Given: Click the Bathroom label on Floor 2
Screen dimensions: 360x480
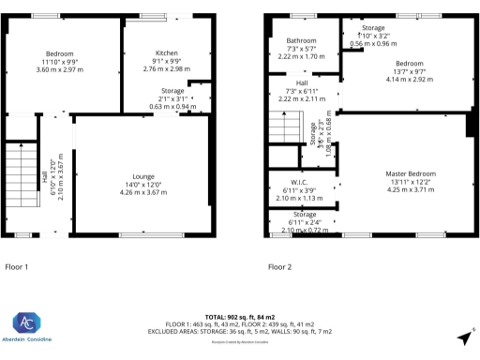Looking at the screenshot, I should pos(301,41).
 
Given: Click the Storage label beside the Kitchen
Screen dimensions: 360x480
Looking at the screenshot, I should pos(172,90).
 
